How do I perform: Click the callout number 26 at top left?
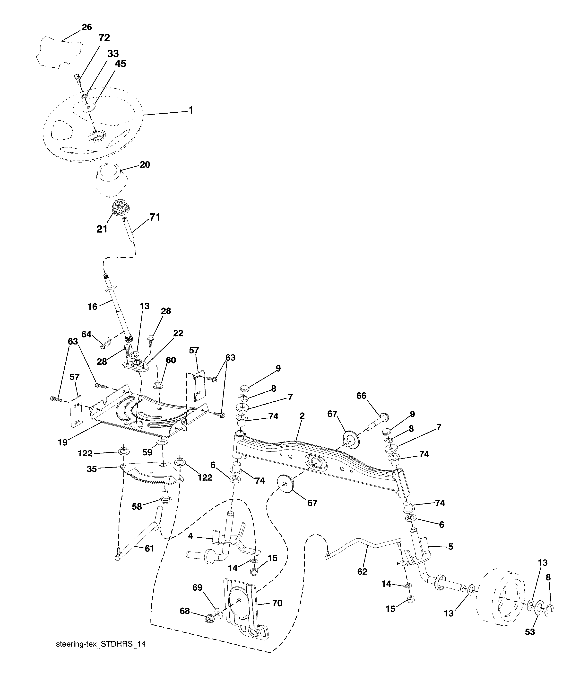87,27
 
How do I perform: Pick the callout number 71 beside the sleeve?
155,217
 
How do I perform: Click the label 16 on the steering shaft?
93,307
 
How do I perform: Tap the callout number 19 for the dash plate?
63,442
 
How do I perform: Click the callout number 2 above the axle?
302,416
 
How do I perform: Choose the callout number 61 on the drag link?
149,549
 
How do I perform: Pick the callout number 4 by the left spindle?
191,536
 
